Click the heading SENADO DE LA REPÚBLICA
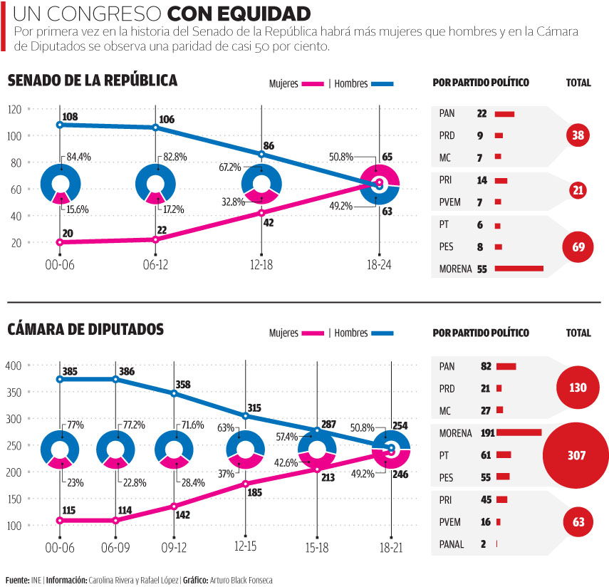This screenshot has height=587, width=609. [93, 80]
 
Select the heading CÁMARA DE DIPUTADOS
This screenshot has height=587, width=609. [85, 329]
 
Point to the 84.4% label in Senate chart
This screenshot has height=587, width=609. [78, 157]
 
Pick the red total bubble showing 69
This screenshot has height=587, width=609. [578, 247]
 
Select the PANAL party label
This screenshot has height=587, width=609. [452, 544]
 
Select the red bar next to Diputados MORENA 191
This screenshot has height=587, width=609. [519, 432]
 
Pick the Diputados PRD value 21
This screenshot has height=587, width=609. [486, 388]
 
